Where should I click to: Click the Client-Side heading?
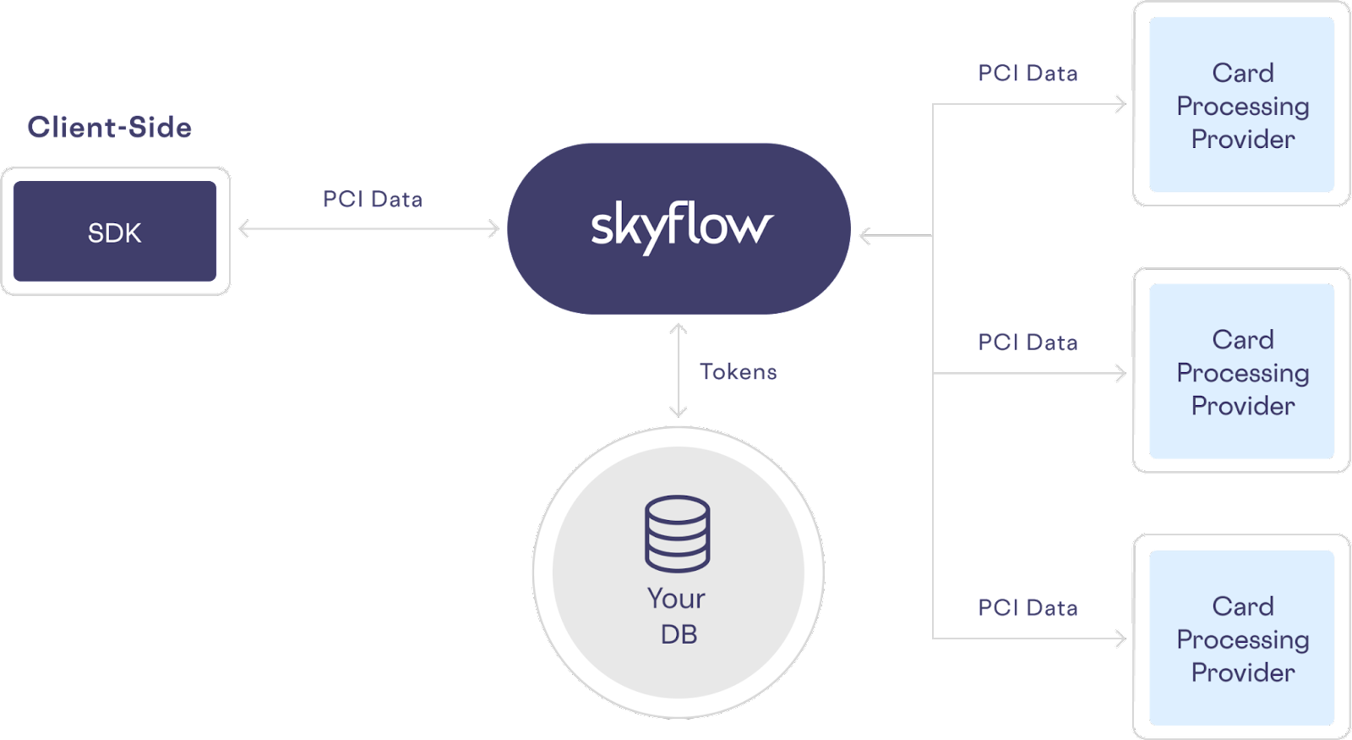pos(109,127)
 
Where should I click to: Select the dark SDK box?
pos(115,232)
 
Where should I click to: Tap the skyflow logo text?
pos(681,227)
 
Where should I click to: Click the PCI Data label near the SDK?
pos(373,200)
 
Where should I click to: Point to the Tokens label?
pos(738,372)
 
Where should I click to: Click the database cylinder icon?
pos(678,534)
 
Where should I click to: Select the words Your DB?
pos(677,616)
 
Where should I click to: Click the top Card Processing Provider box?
pos(1241,105)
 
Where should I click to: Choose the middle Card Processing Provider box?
pos(1241,371)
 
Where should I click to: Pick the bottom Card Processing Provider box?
pos(1241,639)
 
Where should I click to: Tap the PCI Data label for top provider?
pos(1028,74)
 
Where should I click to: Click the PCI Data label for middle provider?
pos(1028,343)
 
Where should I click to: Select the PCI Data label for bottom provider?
pos(1028,608)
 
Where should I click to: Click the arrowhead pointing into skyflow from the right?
pos(864,236)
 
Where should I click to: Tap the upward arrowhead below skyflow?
pos(679,328)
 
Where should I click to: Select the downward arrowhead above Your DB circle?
pos(679,412)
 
